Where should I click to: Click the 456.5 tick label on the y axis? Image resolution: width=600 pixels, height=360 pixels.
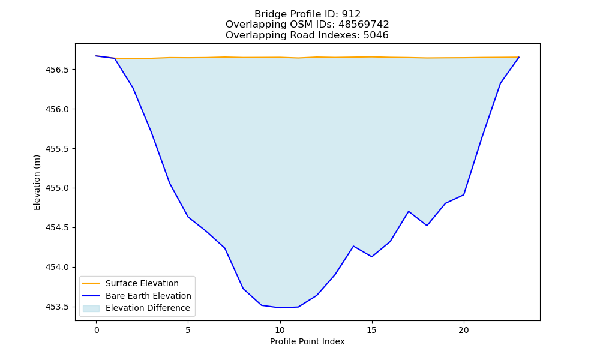[58, 70]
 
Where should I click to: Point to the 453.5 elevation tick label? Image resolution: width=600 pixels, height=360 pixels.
[58, 307]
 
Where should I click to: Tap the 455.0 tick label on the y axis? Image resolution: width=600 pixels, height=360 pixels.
[58, 188]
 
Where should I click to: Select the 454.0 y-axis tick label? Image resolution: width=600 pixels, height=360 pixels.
[58, 267]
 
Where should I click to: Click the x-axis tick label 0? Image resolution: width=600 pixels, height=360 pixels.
[97, 330]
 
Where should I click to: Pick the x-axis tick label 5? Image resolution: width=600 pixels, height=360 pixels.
[188, 330]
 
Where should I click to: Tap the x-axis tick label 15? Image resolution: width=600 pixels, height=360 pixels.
[372, 330]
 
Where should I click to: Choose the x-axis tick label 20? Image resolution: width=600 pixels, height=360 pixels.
[464, 330]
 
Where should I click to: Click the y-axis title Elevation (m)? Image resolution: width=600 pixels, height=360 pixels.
[37, 182]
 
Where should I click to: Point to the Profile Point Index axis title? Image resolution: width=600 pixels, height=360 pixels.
[307, 341]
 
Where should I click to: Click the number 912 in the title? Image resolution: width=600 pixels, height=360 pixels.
[351, 14]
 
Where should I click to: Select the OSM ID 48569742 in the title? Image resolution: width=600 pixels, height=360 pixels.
[364, 25]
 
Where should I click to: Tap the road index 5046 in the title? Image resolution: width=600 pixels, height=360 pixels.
[376, 35]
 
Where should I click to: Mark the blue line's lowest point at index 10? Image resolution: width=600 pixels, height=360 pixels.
[280, 308]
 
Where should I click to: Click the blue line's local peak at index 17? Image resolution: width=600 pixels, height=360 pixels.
[409, 211]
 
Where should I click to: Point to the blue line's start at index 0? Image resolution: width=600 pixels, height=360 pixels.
[97, 56]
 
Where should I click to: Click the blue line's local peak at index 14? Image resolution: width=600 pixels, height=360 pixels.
[353, 246]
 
